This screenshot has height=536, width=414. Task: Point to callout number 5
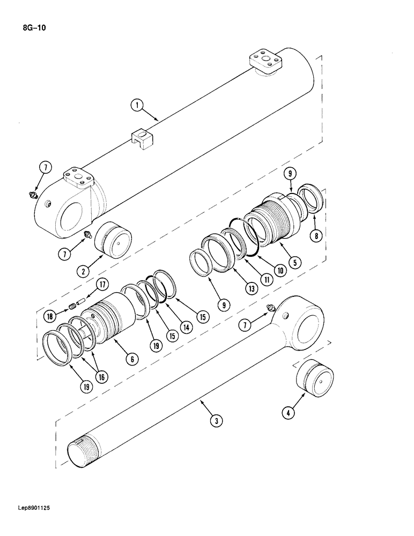pos(294,263)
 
